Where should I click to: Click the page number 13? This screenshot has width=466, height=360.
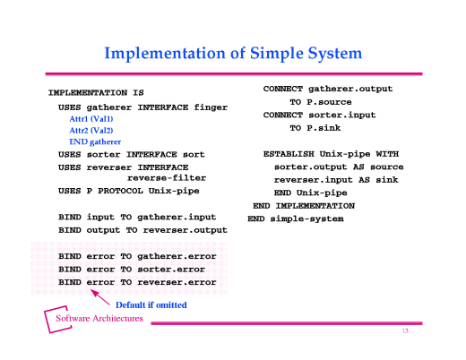405,331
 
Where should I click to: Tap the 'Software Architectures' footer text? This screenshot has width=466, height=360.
99,319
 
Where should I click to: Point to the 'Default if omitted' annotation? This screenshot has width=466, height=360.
151,304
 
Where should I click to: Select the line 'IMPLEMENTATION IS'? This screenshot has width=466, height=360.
96,92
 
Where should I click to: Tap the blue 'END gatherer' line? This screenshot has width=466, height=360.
95,142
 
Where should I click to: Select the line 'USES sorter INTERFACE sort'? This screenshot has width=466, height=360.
132,155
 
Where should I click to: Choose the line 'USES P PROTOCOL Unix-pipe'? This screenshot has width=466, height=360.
128,191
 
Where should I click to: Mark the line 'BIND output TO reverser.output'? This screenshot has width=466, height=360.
142,230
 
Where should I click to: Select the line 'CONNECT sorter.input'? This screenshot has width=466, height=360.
318,116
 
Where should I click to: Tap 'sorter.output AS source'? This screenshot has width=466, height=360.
339,167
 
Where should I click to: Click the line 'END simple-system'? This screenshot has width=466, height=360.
295,219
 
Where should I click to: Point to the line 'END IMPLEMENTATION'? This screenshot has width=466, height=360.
304,206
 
